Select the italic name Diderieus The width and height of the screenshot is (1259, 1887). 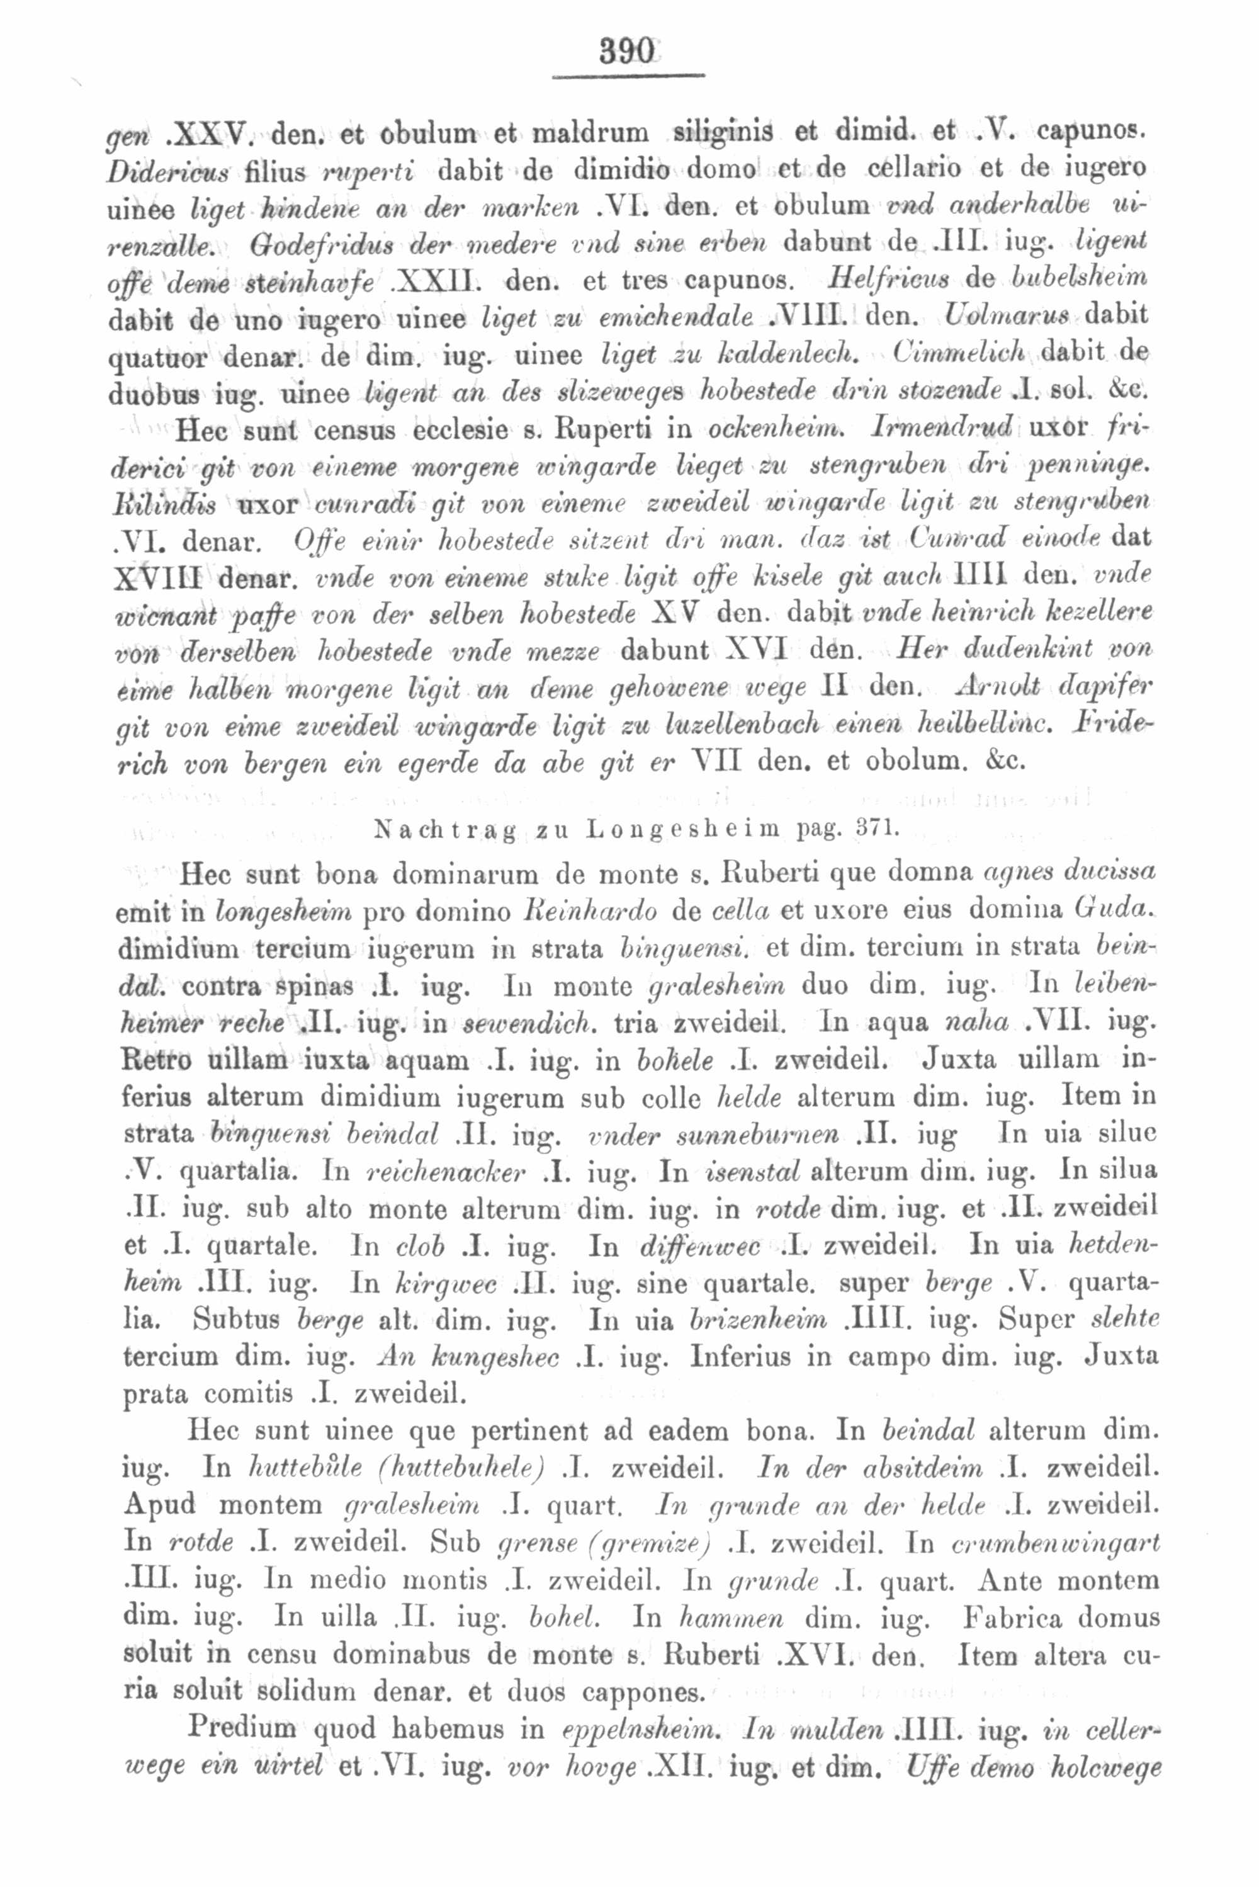[x=168, y=171]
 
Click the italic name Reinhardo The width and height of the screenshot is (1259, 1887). [x=589, y=910]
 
